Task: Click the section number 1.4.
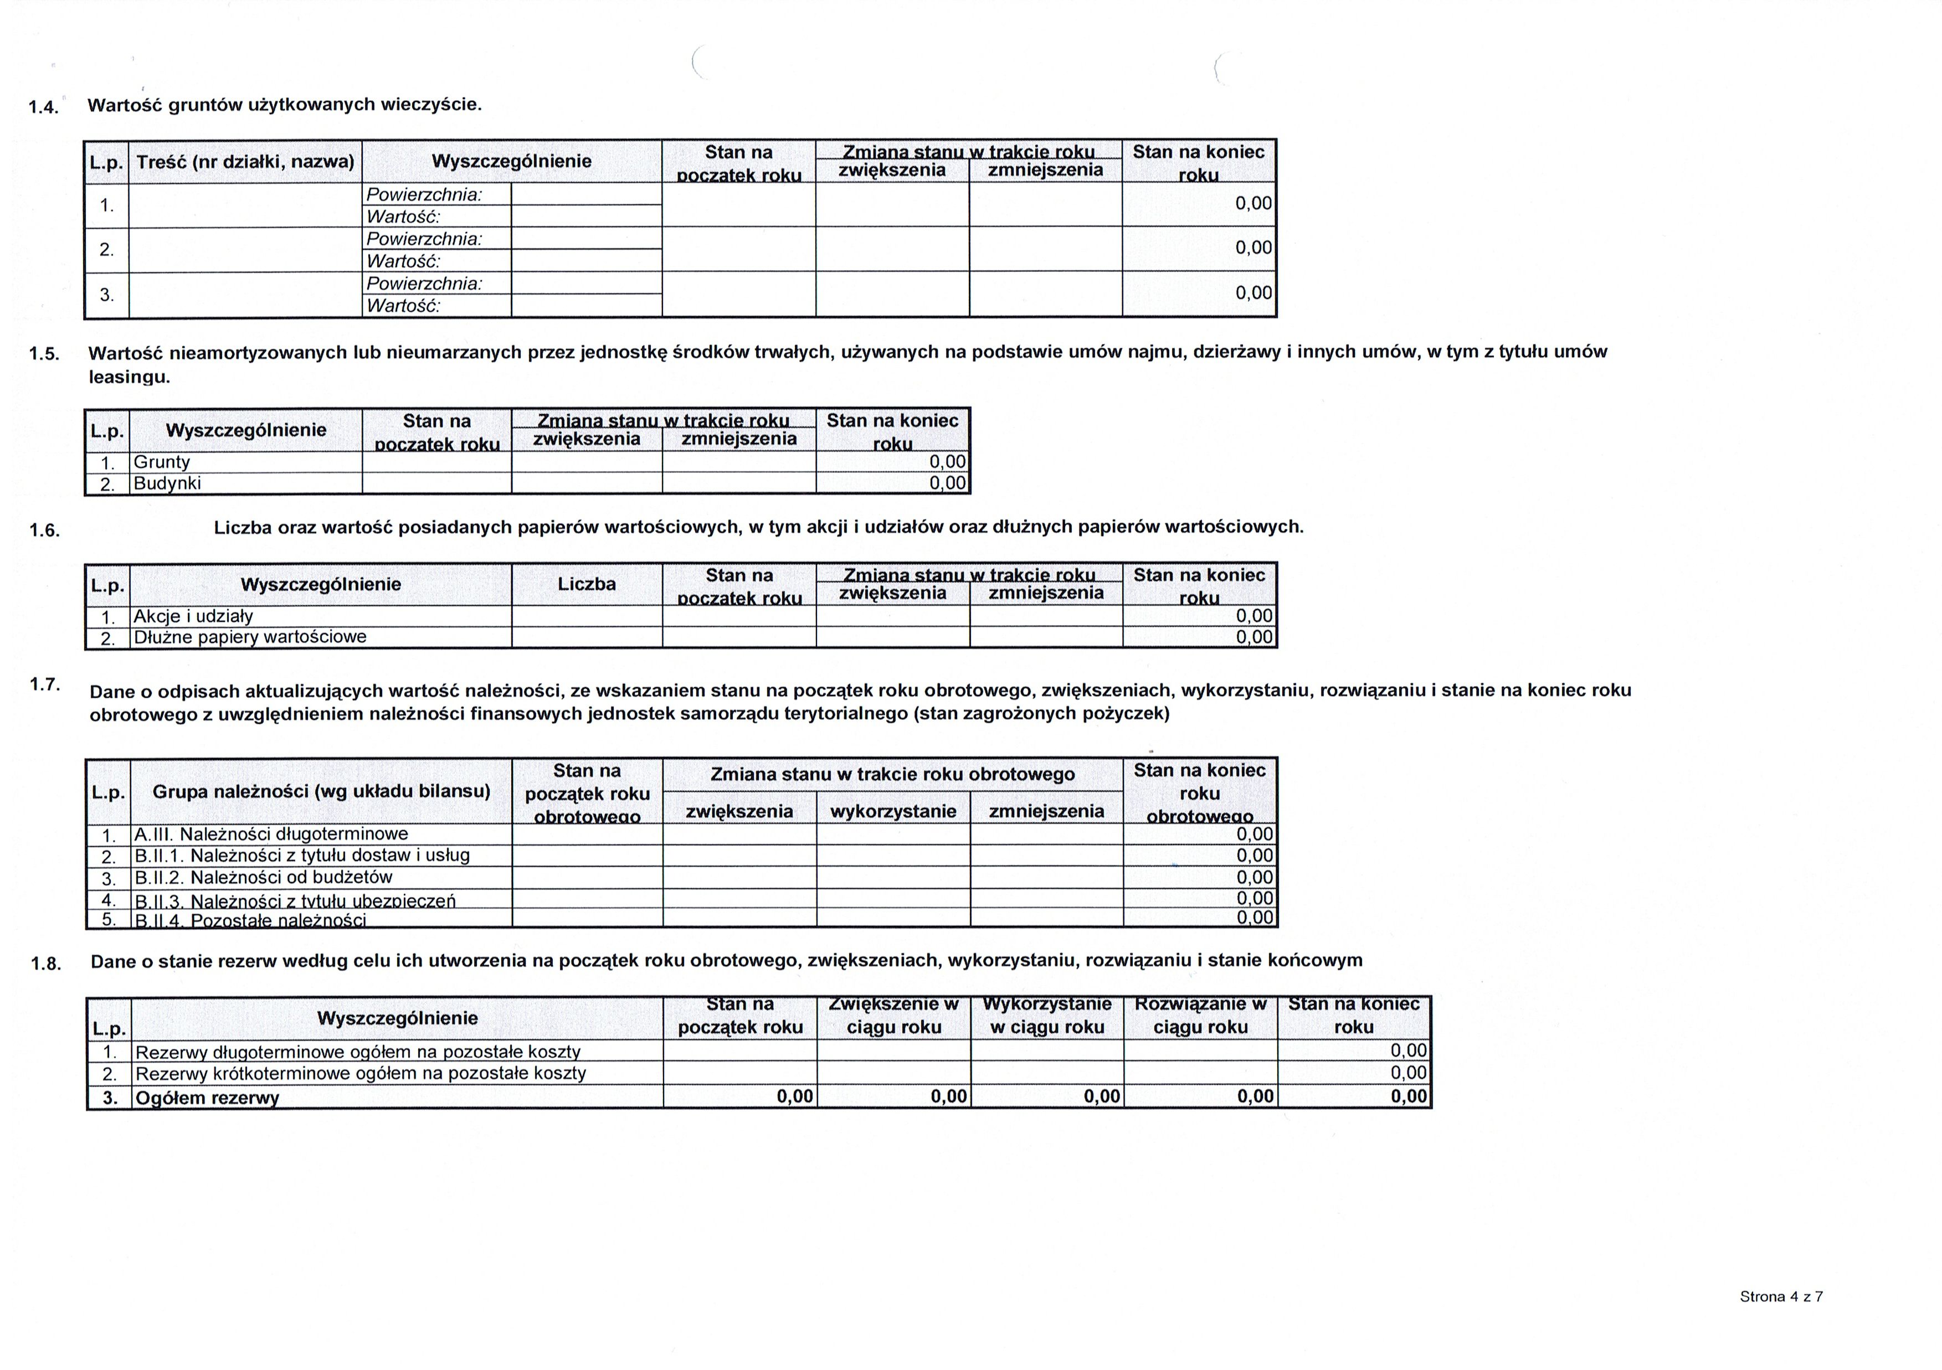coord(43,107)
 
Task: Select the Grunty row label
coord(162,462)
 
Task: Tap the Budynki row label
coord(167,483)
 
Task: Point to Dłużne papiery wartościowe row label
coord(250,637)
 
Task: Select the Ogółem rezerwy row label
coord(207,1098)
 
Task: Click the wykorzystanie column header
coord(893,812)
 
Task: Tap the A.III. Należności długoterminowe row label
coord(271,835)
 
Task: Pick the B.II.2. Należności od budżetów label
coord(264,877)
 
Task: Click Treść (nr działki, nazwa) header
coord(245,162)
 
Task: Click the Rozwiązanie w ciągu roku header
coord(1200,1016)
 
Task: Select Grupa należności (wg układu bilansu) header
coord(321,791)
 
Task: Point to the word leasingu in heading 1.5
coord(130,377)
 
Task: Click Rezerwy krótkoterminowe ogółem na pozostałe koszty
coord(361,1073)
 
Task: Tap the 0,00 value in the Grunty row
coord(947,462)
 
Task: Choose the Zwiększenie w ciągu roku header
coord(894,1016)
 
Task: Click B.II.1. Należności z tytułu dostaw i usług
coord(302,855)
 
